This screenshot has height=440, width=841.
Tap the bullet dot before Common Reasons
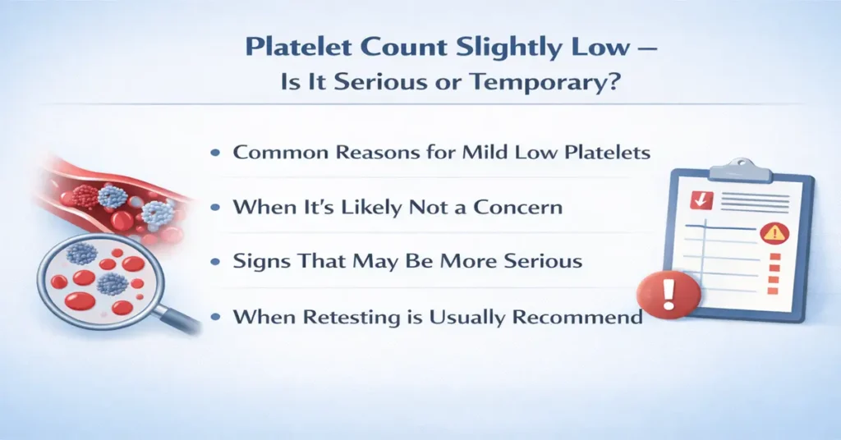[x=217, y=154]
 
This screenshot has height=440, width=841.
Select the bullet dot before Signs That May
[x=217, y=262]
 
